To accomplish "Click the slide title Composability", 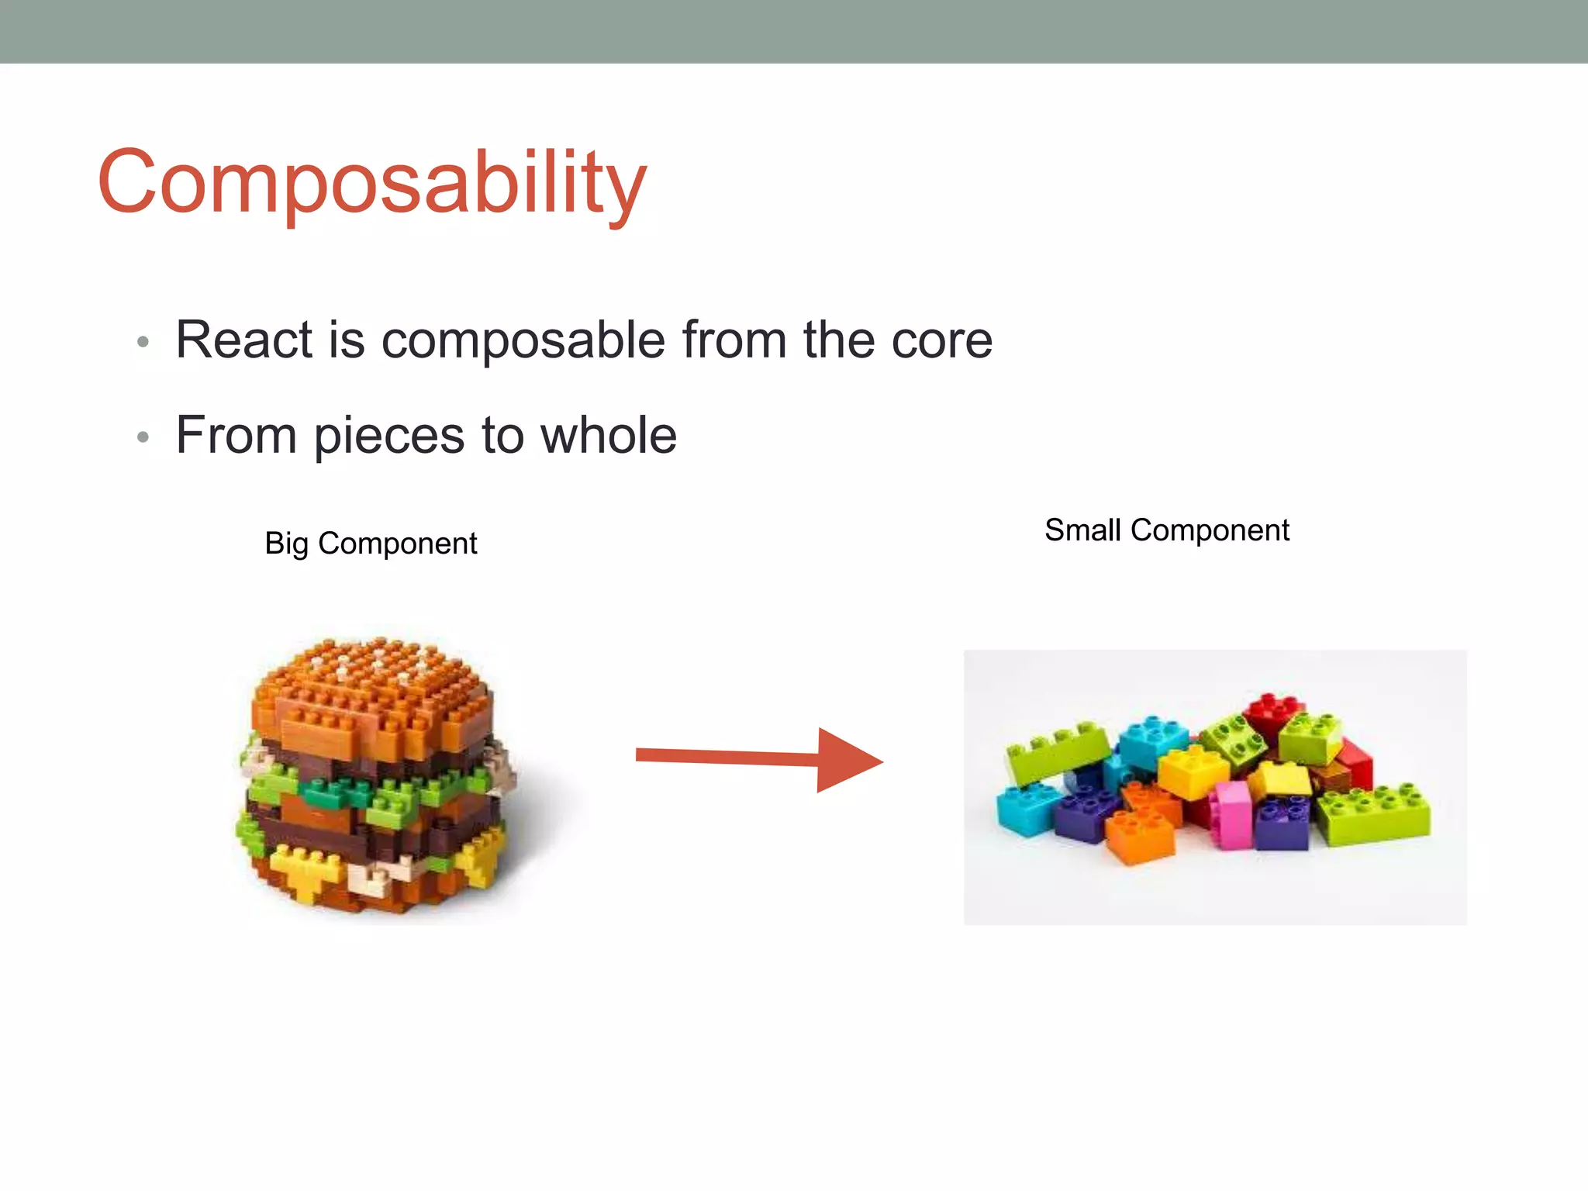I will point(372,182).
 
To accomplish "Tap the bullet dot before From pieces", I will point(143,437).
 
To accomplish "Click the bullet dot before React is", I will point(143,342).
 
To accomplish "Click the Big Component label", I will point(371,543).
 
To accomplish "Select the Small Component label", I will point(1166,530).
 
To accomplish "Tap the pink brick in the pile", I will point(1233,814).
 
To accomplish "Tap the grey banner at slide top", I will point(794,31).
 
